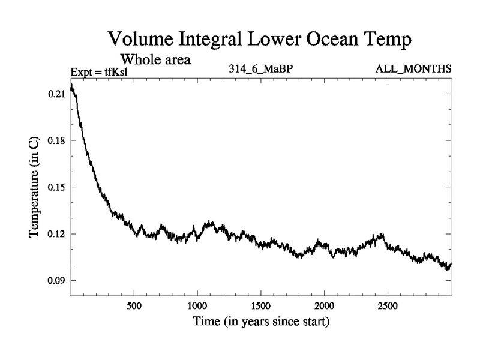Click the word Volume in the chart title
tap(140, 41)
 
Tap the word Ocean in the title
tap(322, 41)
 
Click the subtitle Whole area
tap(156, 59)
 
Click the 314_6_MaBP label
tap(261, 70)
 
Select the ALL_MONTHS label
tap(413, 70)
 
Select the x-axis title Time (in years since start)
tap(260, 323)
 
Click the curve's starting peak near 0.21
tap(72, 88)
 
